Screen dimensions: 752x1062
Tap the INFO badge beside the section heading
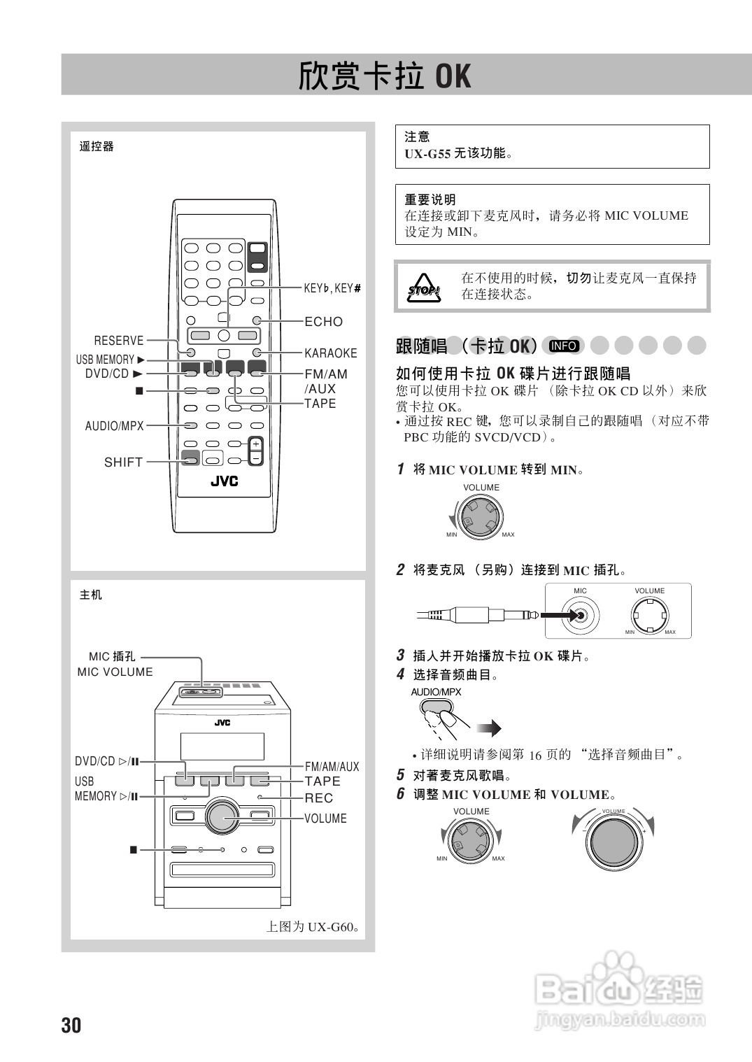tap(564, 346)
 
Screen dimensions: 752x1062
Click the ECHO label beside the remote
tap(324, 322)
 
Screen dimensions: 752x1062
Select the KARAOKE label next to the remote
tap(330, 353)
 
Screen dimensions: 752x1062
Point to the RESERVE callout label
tap(119, 341)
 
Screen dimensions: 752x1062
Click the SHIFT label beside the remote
tap(123, 462)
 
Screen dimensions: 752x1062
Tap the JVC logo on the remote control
tap(224, 481)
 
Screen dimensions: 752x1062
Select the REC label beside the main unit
tap(319, 798)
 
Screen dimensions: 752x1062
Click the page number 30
tap(71, 1026)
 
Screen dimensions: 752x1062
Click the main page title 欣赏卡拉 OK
tap(385, 76)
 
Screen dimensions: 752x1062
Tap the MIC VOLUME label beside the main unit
tap(115, 672)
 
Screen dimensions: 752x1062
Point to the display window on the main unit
tap(222, 746)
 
